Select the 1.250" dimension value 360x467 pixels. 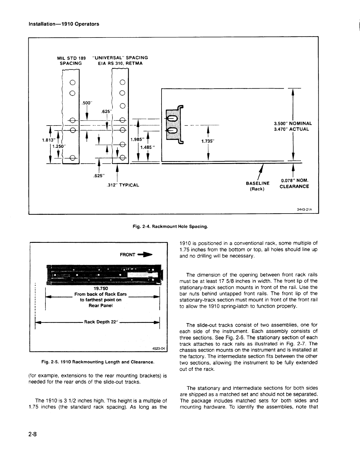click(59, 146)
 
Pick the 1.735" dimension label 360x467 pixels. click(208, 141)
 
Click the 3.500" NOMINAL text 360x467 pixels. click(293, 123)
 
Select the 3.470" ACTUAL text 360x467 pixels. click(291, 129)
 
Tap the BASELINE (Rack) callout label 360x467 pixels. click(258, 186)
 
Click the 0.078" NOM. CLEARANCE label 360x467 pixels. click(294, 183)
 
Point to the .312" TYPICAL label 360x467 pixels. click(123, 185)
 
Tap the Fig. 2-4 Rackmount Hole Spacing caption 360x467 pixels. click(170, 227)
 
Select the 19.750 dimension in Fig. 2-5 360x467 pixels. click(101, 288)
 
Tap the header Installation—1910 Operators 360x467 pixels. click(63, 24)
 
